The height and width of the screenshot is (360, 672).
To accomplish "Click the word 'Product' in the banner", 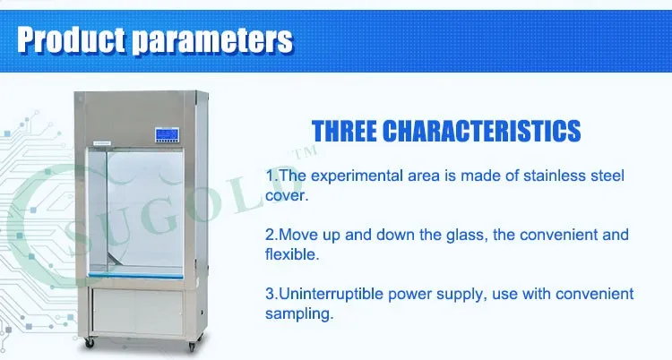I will coord(69,39).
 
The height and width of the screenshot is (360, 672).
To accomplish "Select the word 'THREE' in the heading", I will coord(343,131).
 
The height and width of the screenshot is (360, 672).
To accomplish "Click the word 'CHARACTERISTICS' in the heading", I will coord(481,131).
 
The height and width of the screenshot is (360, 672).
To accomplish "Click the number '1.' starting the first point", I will coord(271,175).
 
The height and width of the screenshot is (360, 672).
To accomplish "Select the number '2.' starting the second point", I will coord(271,235).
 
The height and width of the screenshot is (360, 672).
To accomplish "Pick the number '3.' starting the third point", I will coord(271,295).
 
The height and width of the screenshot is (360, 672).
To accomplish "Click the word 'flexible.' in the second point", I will coord(292,254).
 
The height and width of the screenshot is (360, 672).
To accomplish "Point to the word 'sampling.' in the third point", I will coord(299,314).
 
